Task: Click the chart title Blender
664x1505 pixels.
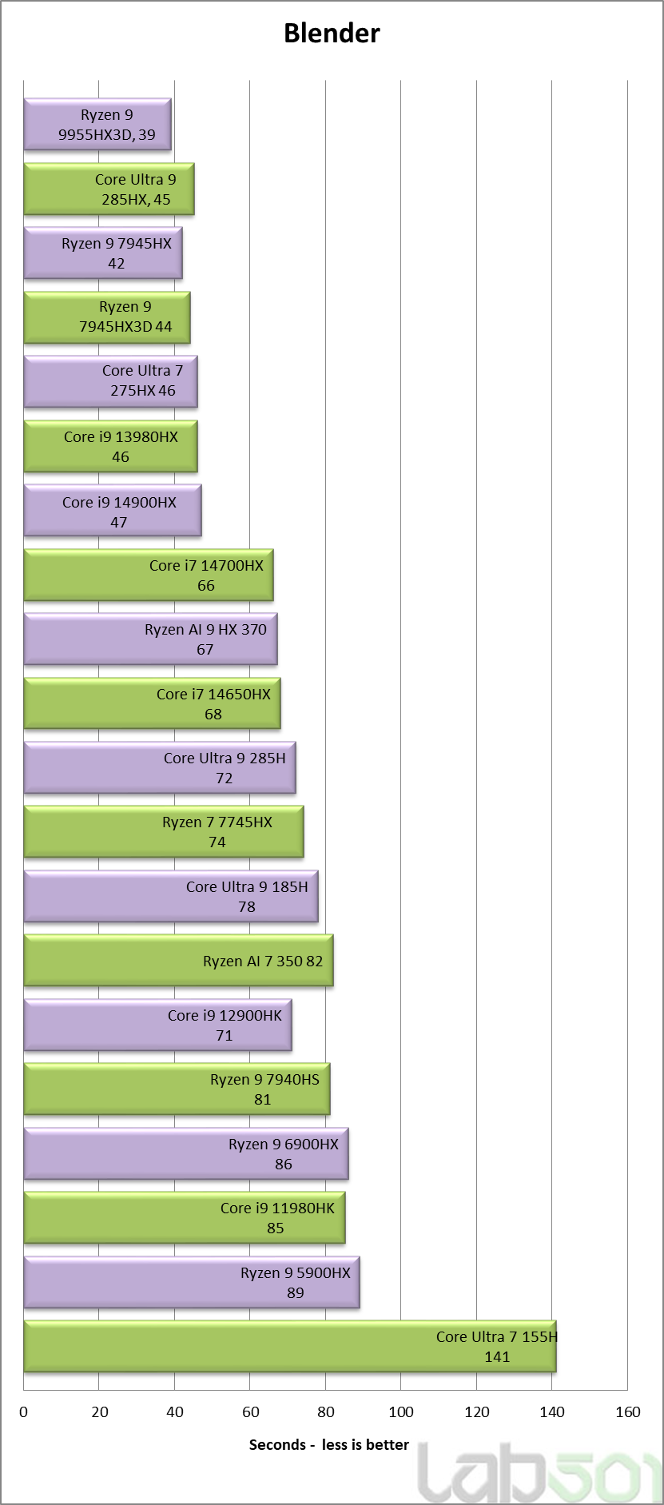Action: click(332, 33)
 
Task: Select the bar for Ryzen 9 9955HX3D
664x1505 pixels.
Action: click(97, 124)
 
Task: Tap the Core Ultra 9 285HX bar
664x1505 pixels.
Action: click(109, 189)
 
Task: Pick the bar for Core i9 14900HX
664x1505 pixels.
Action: click(113, 511)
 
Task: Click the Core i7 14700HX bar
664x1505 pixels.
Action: click(149, 575)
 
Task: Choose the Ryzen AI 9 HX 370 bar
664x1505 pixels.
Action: click(150, 639)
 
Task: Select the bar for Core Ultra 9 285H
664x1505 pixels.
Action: click(160, 768)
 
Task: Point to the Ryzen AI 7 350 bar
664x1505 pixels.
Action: click(178, 961)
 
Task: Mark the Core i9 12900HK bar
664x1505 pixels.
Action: click(157, 1025)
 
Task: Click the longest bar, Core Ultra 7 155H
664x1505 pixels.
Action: click(289, 1347)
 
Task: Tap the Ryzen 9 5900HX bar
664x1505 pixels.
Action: click(192, 1282)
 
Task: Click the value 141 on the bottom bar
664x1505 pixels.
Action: click(497, 1357)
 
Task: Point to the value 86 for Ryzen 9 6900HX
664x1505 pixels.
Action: click(284, 1165)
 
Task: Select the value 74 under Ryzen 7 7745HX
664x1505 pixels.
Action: click(217, 842)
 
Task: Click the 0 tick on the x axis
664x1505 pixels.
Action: click(24, 1412)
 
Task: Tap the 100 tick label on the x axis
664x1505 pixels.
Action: click(401, 1412)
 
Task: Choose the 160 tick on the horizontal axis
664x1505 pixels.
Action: click(628, 1412)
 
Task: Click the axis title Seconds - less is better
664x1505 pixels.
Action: click(328, 1445)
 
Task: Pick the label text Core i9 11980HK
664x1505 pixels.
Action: click(277, 1208)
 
